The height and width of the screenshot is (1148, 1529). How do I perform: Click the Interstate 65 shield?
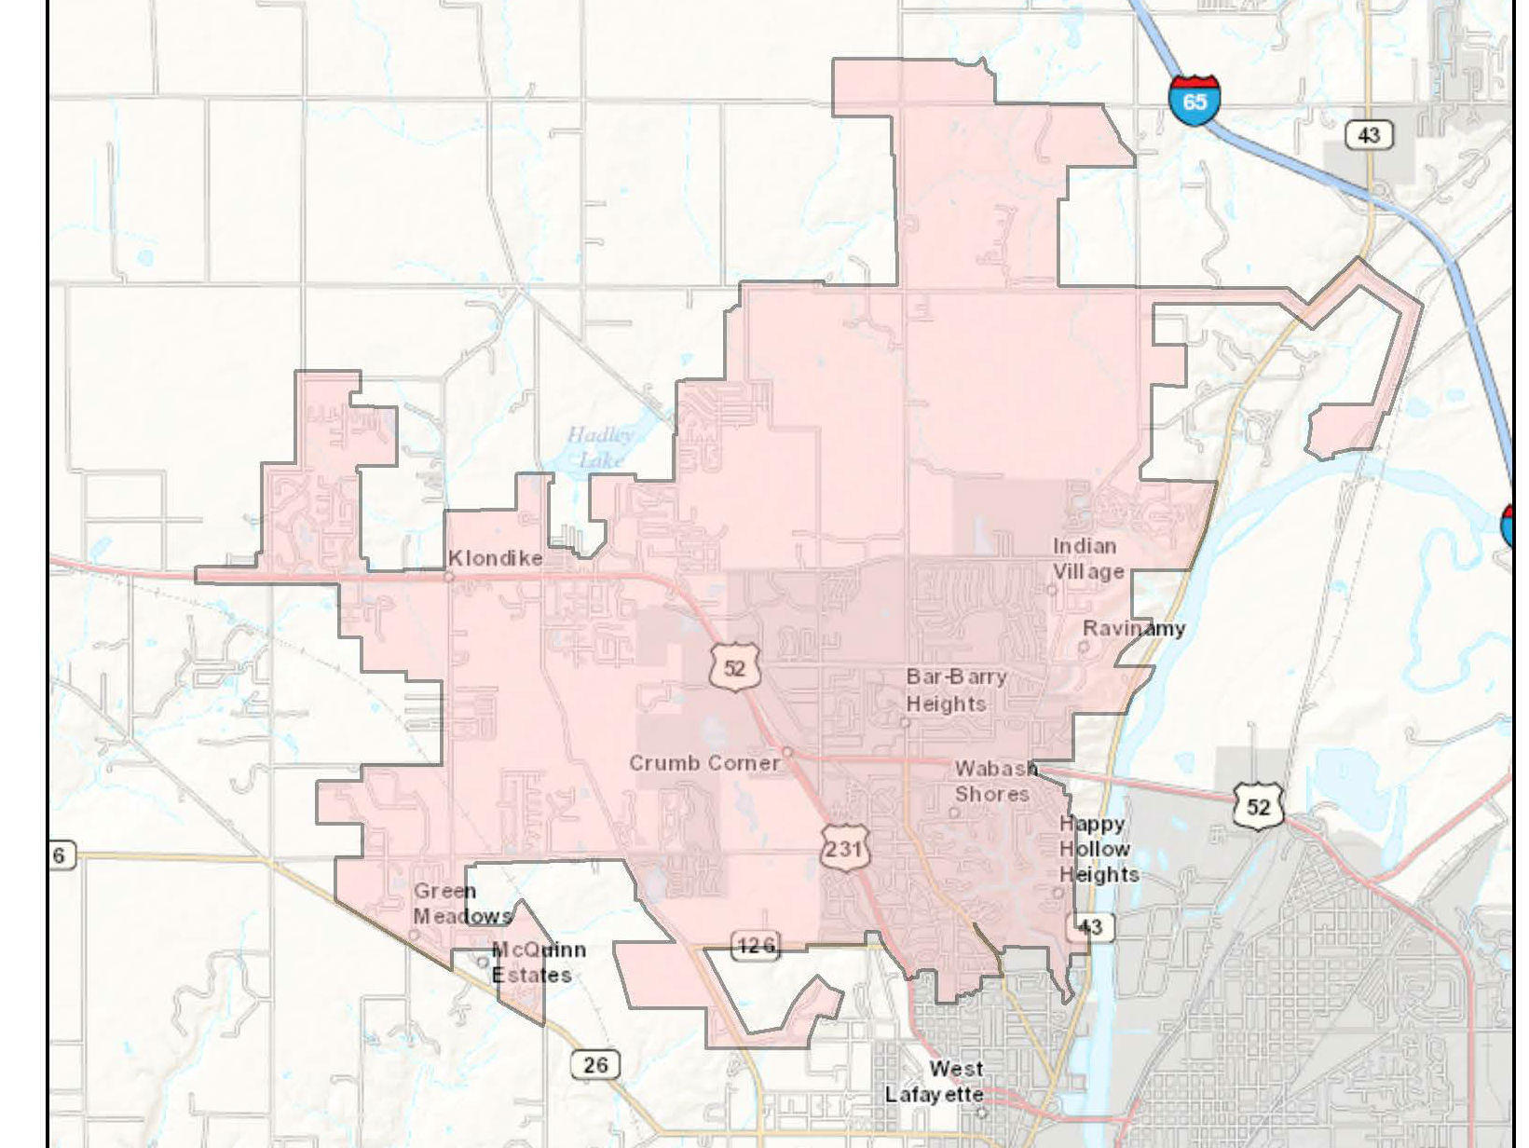(1194, 98)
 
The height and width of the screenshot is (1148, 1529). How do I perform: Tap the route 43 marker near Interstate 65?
(1368, 135)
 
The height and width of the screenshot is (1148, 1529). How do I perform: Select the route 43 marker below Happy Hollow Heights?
(1089, 926)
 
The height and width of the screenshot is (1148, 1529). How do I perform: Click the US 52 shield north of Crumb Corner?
(734, 668)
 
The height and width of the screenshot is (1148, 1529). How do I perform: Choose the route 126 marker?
(756, 947)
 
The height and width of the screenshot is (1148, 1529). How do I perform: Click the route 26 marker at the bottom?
(595, 1063)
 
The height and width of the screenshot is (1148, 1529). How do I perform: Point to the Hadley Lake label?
(600, 446)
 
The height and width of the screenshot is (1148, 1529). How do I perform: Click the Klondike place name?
(495, 558)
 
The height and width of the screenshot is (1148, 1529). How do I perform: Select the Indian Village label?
(1087, 558)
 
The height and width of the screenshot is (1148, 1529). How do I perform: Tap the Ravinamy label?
(1134, 628)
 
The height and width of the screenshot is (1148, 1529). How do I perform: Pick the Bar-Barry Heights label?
(955, 690)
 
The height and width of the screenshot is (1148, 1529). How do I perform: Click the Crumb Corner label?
(704, 762)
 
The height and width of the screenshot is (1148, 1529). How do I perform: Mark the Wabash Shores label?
(994, 781)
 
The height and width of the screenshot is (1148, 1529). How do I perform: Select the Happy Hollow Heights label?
(1097, 849)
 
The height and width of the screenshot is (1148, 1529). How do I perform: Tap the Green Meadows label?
(460, 903)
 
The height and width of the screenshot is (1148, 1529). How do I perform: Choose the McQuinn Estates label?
(537, 962)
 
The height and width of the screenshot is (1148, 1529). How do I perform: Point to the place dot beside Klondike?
(449, 577)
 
